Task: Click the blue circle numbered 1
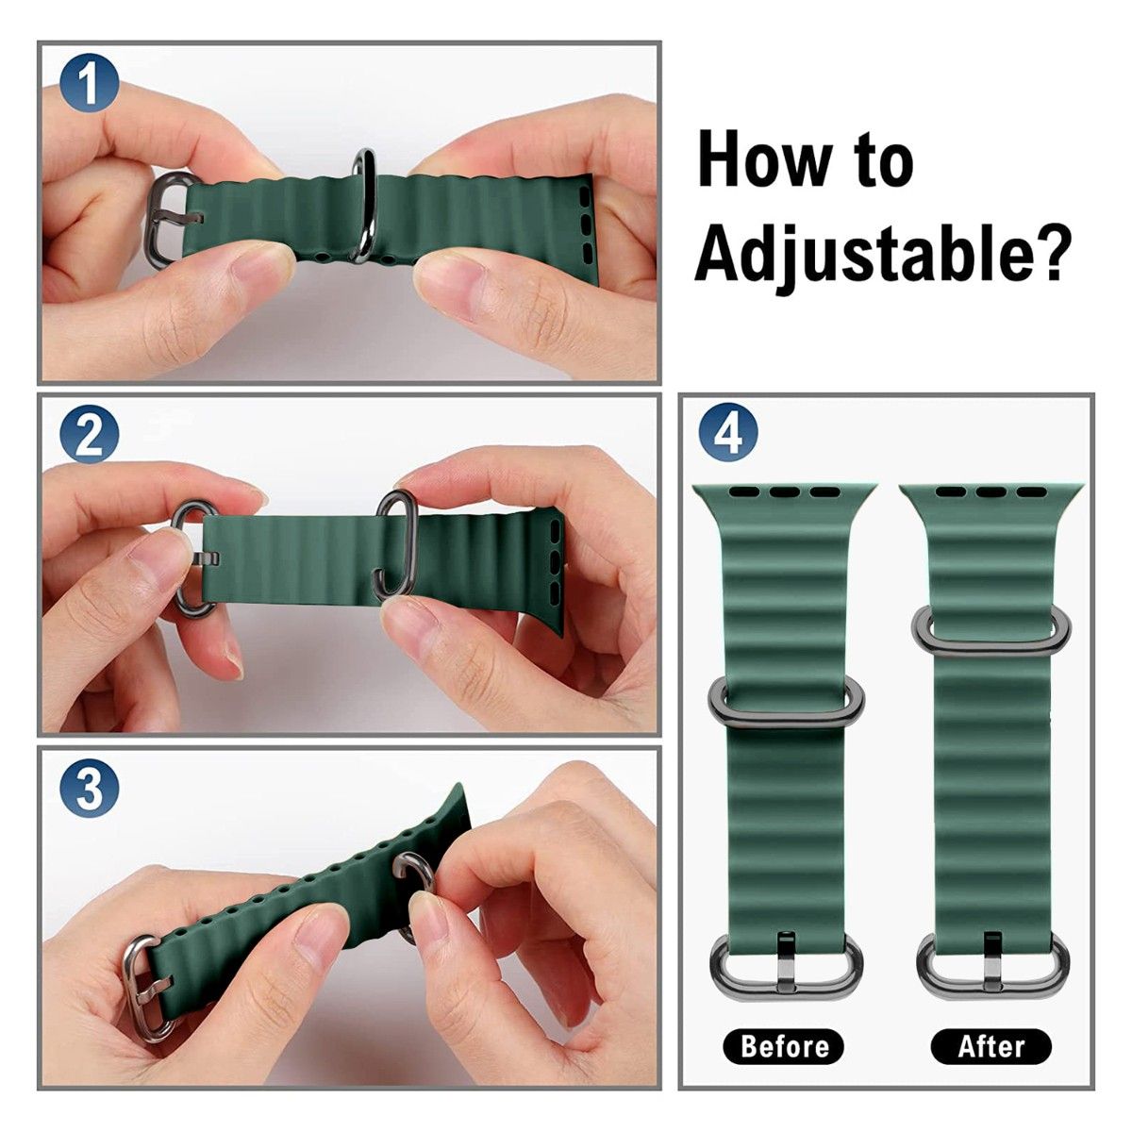point(90,82)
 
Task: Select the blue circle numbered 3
point(90,791)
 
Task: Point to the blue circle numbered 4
point(728,435)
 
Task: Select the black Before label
point(784,1045)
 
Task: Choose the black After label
point(990,1045)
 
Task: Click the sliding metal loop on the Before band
point(784,697)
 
